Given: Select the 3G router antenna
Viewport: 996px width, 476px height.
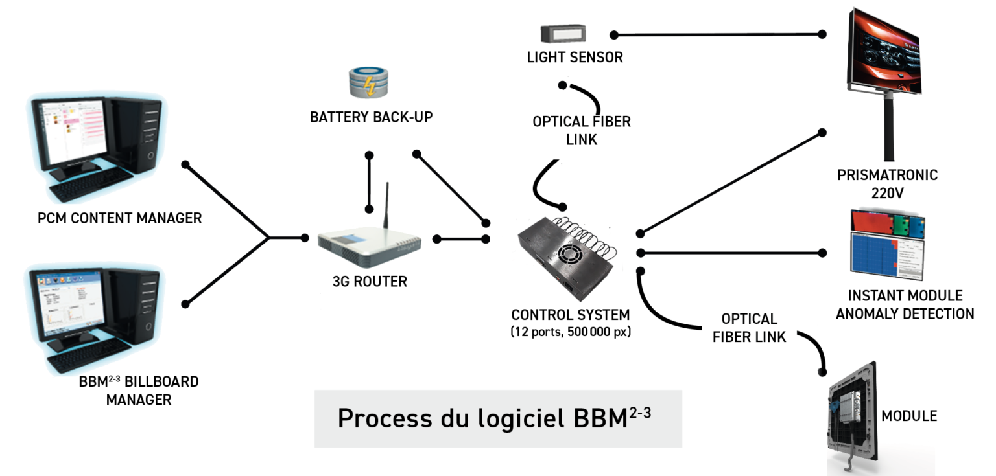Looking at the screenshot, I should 387,206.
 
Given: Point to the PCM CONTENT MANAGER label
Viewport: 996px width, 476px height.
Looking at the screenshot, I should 120,218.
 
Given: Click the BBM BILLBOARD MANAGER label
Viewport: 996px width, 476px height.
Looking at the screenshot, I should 139,391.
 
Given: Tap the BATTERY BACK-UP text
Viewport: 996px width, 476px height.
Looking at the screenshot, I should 371,118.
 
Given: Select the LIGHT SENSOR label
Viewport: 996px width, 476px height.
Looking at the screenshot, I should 575,58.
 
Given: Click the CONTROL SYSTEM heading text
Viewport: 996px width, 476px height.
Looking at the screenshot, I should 571,315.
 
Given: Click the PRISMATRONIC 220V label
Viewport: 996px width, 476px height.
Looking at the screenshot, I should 887,183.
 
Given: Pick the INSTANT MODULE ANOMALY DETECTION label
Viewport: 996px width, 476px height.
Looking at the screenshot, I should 905,305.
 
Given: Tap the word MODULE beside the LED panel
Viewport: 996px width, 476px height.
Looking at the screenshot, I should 908,416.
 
